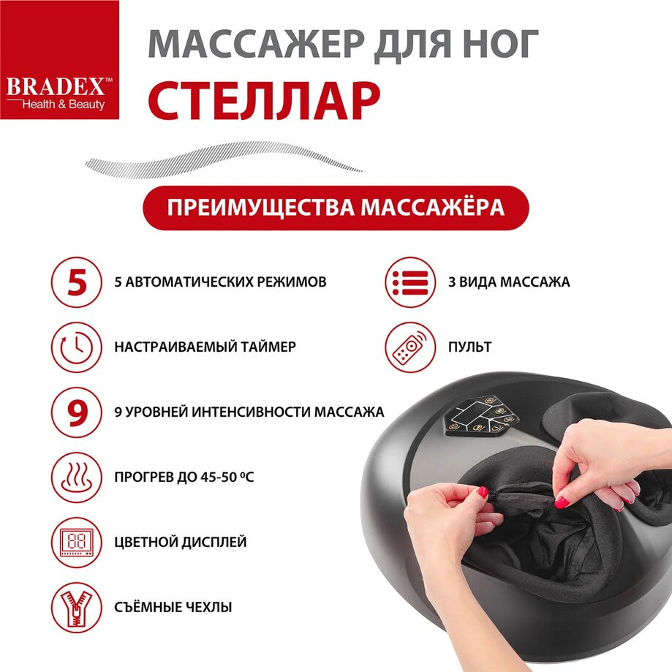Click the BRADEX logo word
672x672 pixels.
click(56, 86)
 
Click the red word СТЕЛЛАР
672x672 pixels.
click(264, 101)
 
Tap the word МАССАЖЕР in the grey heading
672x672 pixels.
click(256, 43)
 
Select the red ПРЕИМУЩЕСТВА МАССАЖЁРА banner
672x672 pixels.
click(336, 208)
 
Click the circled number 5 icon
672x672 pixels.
click(77, 282)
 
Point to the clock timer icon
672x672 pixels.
click(77, 347)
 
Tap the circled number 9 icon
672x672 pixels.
click(77, 412)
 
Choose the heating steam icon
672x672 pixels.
click(77, 477)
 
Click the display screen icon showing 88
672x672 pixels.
click(77, 542)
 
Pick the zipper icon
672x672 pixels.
click(77, 607)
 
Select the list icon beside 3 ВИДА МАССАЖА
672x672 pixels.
click(410, 282)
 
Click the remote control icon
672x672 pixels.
click(410, 347)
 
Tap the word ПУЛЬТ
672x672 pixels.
click(469, 347)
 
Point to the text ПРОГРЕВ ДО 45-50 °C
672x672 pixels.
click(184, 477)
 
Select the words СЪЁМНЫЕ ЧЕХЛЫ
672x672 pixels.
click(173, 607)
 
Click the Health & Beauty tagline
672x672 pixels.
click(64, 105)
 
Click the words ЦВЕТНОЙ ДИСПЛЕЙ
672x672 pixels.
click(181, 542)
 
